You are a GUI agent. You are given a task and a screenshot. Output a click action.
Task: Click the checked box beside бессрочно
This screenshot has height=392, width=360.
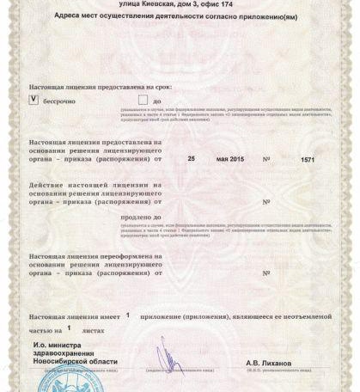(x=34, y=99)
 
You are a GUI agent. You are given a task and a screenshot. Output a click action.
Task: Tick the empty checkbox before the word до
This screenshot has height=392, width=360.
(x=119, y=99)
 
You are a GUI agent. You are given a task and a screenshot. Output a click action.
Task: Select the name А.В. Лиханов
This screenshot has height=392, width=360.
(x=268, y=363)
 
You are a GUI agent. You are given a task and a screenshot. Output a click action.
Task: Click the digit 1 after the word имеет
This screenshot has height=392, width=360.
(x=128, y=315)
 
